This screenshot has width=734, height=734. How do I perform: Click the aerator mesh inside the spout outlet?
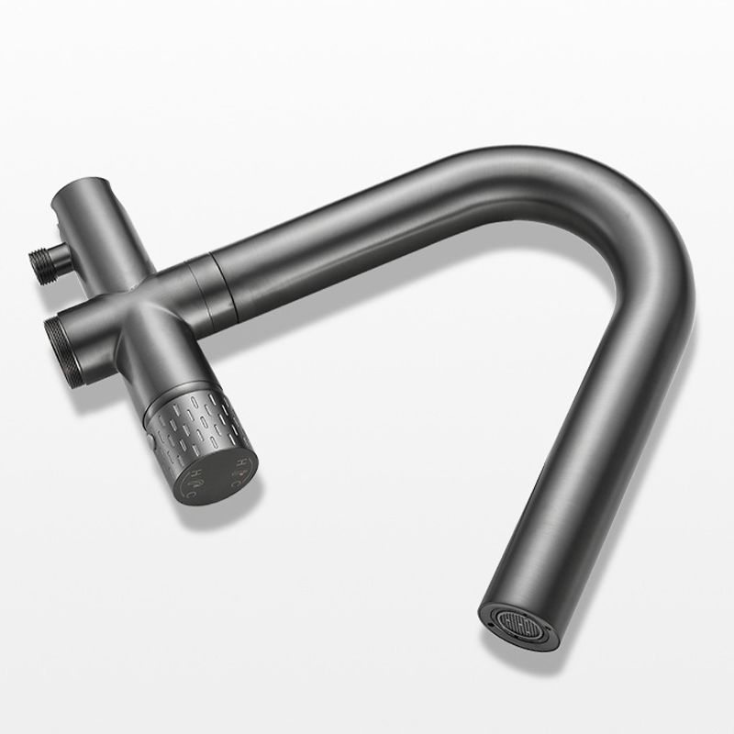[519, 617]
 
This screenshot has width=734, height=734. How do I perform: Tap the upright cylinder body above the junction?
[106, 229]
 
